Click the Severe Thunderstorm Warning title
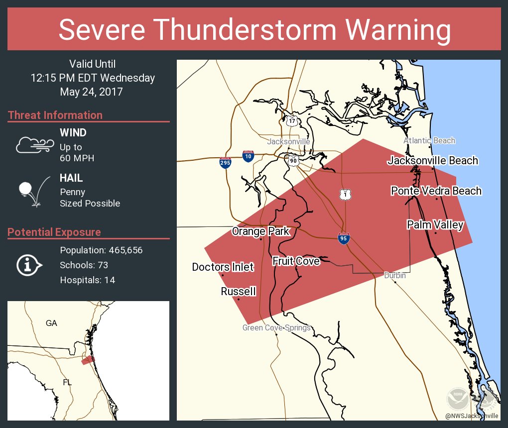click(x=254, y=30)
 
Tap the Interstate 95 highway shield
click(x=344, y=239)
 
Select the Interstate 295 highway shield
click(x=225, y=163)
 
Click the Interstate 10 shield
click(x=248, y=156)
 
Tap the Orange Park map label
click(x=260, y=231)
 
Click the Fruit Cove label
click(x=296, y=261)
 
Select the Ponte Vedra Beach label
click(x=436, y=191)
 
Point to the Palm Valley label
click(x=435, y=225)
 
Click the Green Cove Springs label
click(x=276, y=327)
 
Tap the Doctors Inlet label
click(x=223, y=267)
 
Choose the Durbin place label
click(x=394, y=275)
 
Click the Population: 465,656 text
click(x=101, y=250)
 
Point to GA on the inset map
click(x=51, y=323)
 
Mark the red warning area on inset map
click(x=87, y=360)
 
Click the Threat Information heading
click(x=55, y=115)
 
